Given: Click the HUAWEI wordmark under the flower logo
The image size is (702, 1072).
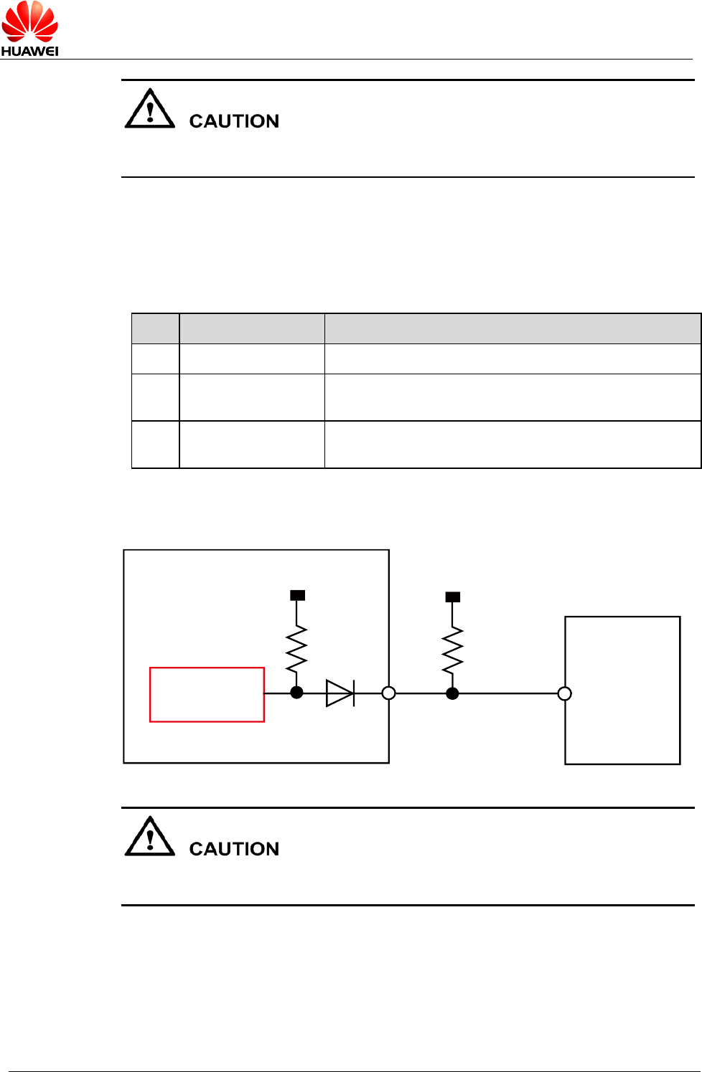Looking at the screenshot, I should [x=29, y=51].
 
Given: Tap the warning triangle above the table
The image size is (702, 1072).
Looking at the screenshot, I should [x=149, y=110].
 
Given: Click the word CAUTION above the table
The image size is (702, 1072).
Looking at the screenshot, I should [x=234, y=121].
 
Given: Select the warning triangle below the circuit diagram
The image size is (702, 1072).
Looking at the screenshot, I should [x=149, y=838].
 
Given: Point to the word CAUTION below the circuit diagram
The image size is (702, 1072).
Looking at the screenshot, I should [x=234, y=849].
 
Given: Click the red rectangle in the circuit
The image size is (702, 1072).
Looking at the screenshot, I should [x=207, y=694].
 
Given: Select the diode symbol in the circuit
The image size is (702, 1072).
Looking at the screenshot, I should [x=340, y=693].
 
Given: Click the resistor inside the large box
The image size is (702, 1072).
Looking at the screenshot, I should [x=296, y=649].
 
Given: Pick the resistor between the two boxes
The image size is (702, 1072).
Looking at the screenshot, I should [x=452, y=650].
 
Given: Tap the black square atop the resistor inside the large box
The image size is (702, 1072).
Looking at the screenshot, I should [x=297, y=595].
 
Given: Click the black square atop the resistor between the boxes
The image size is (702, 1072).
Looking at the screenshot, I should [x=453, y=597].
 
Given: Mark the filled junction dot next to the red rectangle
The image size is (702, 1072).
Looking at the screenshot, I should [x=296, y=693].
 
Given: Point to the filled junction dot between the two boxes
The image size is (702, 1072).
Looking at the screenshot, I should [x=452, y=693].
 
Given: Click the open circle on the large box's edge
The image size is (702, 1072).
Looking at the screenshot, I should [x=388, y=693].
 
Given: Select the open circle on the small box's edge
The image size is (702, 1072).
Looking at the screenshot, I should [x=565, y=693].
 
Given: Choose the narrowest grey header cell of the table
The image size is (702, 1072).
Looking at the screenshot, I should [x=156, y=328].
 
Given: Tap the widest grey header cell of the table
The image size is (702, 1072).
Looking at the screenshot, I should [x=513, y=328].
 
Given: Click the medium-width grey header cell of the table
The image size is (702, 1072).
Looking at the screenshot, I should [x=252, y=328].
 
